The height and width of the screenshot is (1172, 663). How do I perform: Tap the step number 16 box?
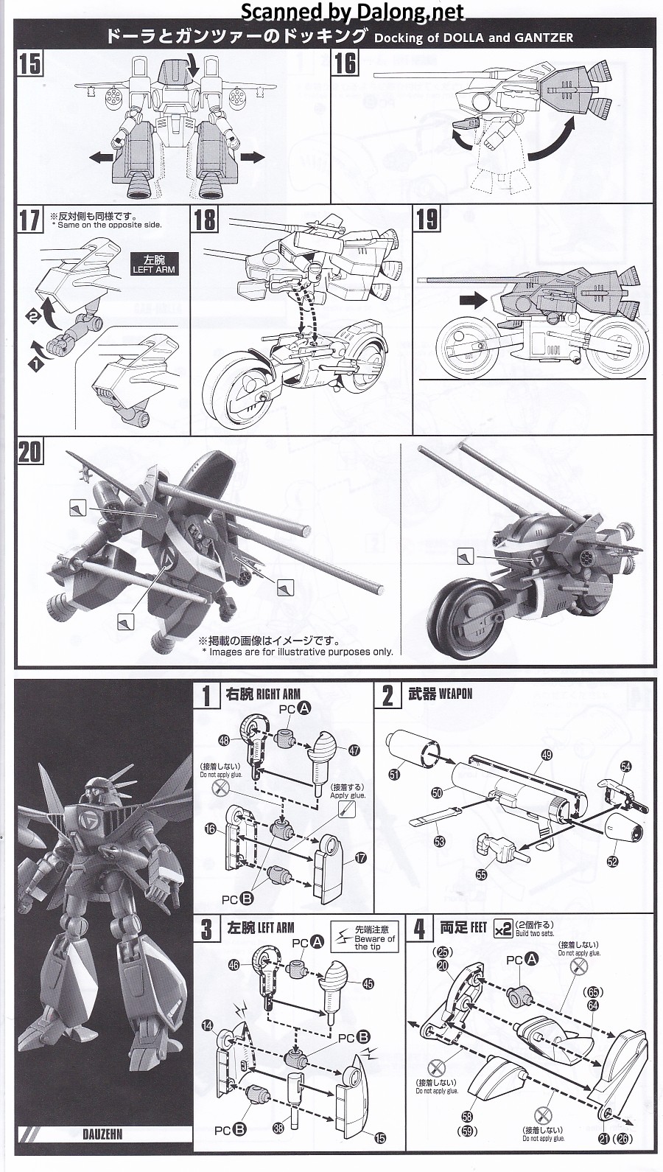tap(345, 64)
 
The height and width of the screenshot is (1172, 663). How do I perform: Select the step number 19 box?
tap(427, 220)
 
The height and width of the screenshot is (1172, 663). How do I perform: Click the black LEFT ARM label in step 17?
tap(150, 264)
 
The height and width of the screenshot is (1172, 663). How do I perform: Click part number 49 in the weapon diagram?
tap(546, 754)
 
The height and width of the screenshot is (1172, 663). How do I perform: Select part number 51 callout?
tap(394, 775)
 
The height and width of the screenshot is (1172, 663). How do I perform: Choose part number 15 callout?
tap(379, 1139)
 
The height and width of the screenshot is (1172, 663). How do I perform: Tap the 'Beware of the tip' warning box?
tap(365, 937)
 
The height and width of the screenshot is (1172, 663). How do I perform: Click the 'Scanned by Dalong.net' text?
tap(353, 12)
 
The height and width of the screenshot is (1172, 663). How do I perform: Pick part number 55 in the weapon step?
tap(481, 874)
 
